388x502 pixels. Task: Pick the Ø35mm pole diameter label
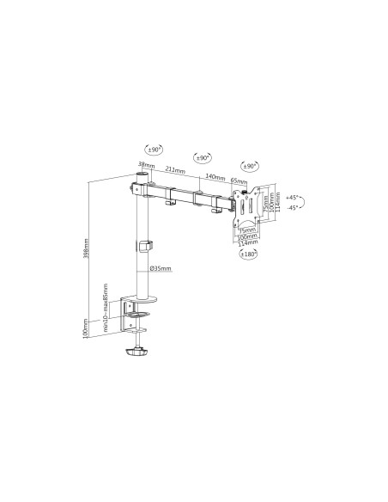point(161,269)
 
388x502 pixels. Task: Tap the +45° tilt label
point(293,198)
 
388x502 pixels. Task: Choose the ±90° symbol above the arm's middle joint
point(203,158)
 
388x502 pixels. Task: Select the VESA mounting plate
point(246,207)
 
